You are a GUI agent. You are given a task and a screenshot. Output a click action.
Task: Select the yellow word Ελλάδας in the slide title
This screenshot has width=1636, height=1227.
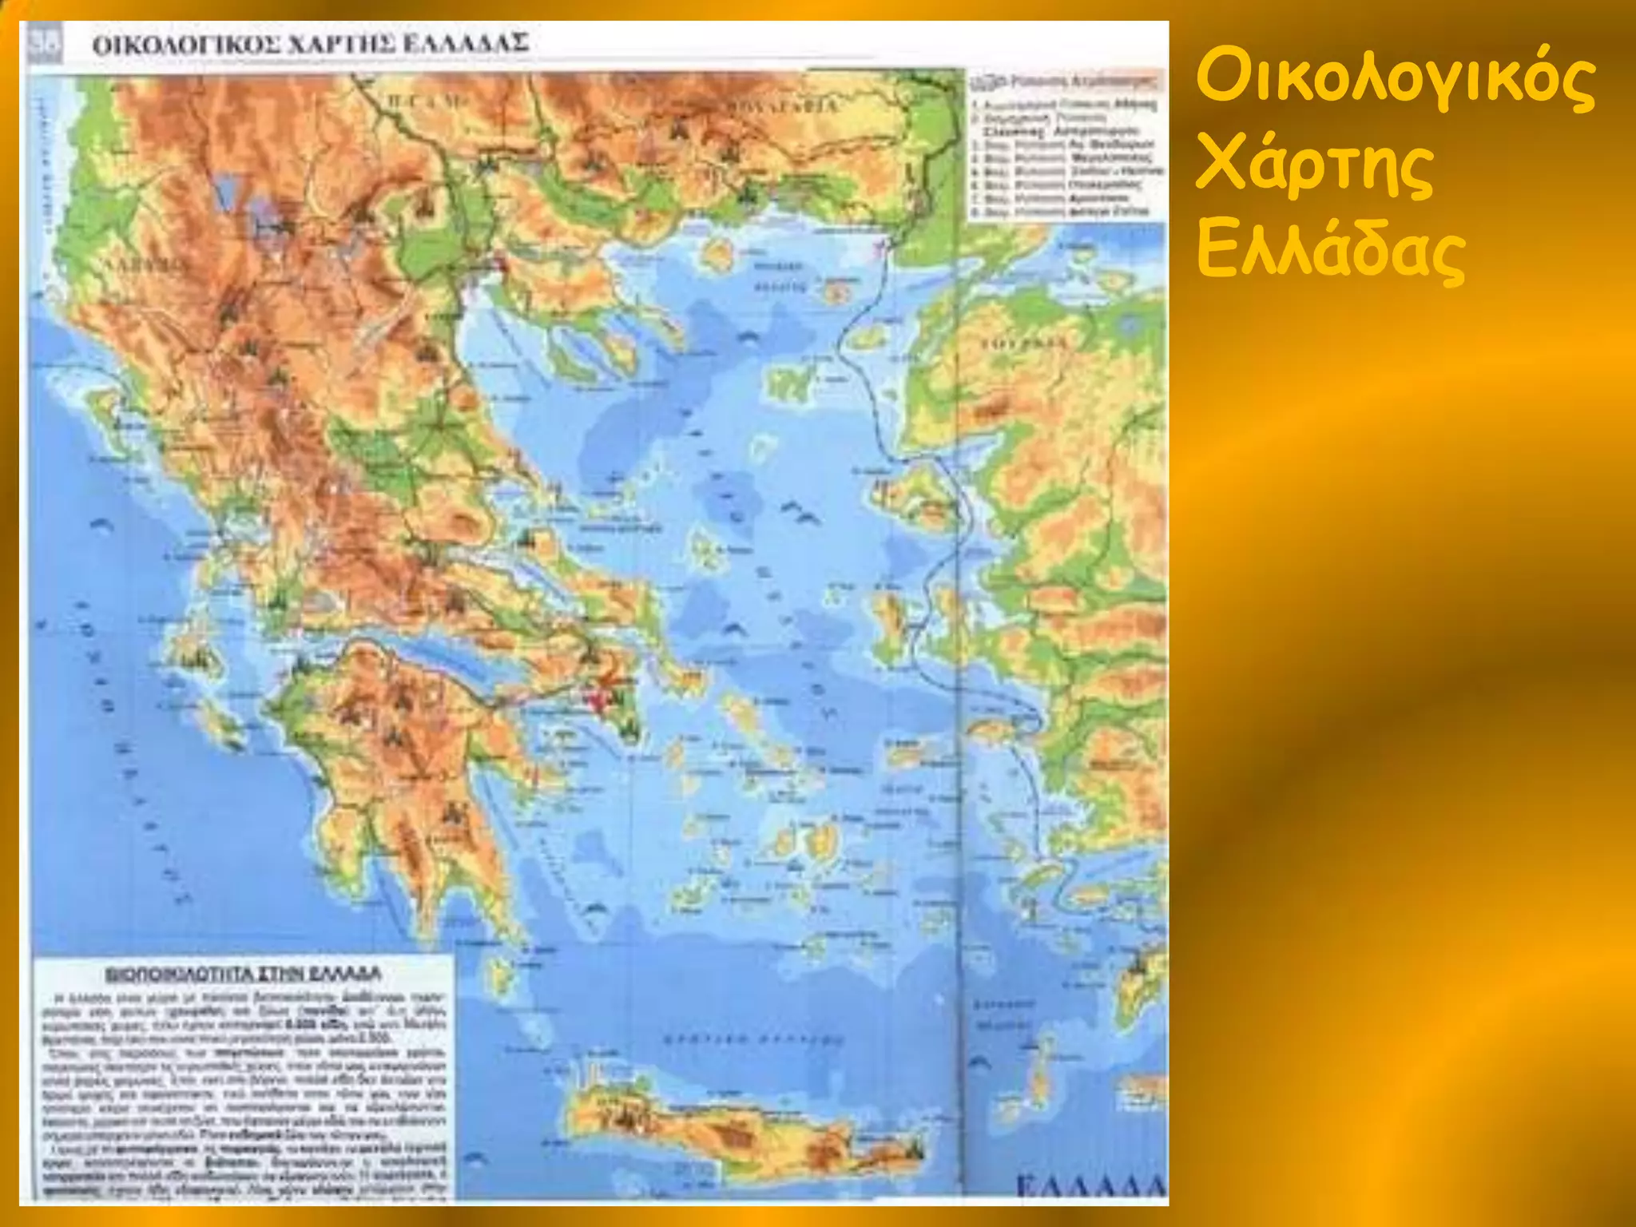click(1331, 251)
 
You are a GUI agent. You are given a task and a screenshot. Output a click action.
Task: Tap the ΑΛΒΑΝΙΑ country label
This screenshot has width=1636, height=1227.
click(149, 264)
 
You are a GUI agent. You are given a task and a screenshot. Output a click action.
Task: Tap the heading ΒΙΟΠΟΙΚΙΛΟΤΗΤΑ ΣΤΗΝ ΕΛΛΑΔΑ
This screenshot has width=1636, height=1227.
click(244, 975)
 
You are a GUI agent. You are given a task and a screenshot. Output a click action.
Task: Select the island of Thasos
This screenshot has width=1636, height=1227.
click(717, 252)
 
